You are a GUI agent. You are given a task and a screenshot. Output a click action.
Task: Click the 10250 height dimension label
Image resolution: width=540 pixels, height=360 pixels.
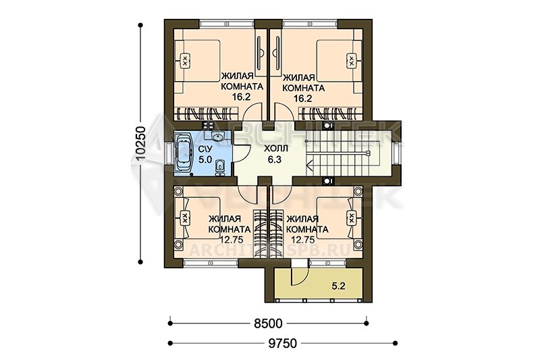click(141, 143)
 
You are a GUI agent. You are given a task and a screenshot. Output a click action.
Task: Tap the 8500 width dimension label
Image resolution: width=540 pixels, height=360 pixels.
click(268, 324)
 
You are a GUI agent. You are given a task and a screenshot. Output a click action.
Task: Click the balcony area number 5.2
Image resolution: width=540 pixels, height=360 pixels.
click(339, 286)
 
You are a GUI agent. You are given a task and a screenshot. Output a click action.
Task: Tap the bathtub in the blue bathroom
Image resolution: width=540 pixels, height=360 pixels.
click(184, 154)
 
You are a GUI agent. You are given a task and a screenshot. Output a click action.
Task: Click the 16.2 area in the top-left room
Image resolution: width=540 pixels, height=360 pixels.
click(241, 97)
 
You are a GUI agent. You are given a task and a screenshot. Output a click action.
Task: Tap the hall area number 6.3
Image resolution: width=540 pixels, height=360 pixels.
click(275, 159)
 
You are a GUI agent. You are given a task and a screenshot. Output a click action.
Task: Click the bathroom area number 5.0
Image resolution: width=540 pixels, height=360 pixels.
click(205, 160)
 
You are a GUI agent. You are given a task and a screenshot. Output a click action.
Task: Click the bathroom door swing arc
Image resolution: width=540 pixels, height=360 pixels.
click(247, 151)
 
